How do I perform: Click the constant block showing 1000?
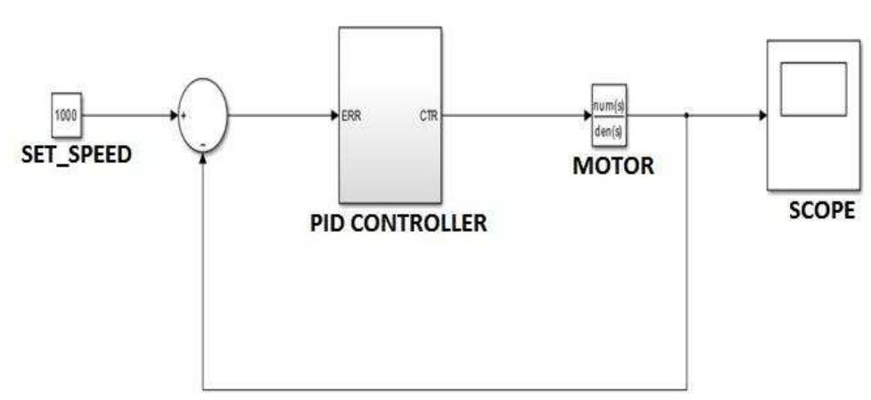point(66,114)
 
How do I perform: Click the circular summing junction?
point(203,116)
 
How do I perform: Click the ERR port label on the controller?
point(351,116)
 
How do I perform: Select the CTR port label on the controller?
point(428,116)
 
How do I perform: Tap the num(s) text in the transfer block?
point(610,106)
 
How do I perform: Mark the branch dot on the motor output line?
point(686,116)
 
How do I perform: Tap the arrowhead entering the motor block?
point(587,116)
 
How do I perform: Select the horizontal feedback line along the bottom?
point(446,389)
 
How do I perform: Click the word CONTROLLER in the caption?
point(428,223)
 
